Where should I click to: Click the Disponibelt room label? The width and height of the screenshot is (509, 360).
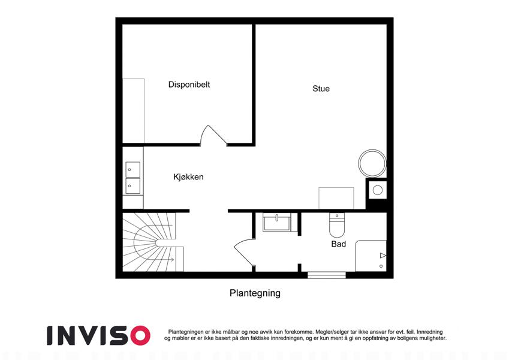(189, 85)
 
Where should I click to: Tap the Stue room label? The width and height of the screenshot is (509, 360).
(321, 89)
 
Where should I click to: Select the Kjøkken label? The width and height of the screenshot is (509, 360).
(188, 177)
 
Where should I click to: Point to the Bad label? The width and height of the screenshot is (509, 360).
(339, 244)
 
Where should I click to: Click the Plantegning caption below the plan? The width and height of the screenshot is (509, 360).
(255, 293)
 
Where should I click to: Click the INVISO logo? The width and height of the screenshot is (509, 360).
(99, 335)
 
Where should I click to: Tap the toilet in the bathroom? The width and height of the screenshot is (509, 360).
(337, 225)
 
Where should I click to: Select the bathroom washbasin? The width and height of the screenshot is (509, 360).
(277, 223)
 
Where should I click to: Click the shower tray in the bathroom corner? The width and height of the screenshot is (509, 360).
(371, 256)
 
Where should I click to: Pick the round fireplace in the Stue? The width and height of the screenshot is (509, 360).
(372, 163)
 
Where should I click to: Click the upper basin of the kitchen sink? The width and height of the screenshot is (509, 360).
(132, 170)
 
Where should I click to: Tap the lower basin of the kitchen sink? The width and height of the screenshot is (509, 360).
(132, 186)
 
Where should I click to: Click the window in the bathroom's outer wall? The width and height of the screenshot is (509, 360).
(327, 275)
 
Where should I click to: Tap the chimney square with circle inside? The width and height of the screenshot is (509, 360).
(377, 190)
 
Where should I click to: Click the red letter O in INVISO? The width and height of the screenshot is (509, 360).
(140, 335)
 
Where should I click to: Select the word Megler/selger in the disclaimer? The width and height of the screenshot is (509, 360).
(329, 332)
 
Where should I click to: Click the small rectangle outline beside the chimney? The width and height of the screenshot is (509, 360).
(336, 198)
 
